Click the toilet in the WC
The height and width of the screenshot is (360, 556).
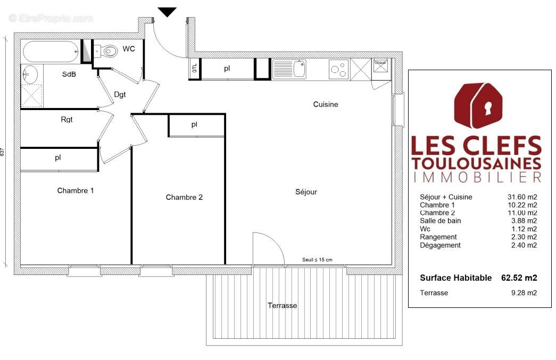[109, 52]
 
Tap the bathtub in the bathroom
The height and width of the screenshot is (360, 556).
[51, 52]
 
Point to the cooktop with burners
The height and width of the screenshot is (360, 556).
[338, 69]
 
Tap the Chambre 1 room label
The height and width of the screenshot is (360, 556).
[76, 190]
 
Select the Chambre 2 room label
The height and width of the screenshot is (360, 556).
[184, 197]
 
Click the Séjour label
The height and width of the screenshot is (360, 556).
[306, 192]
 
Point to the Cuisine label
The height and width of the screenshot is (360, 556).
[326, 104]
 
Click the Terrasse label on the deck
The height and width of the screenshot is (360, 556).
[282, 306]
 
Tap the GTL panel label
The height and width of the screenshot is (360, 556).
[195, 69]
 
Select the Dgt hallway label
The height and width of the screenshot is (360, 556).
[120, 95]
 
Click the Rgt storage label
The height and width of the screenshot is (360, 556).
[67, 120]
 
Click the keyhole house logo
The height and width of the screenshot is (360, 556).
[477, 106]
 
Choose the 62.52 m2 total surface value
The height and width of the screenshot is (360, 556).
[519, 278]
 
